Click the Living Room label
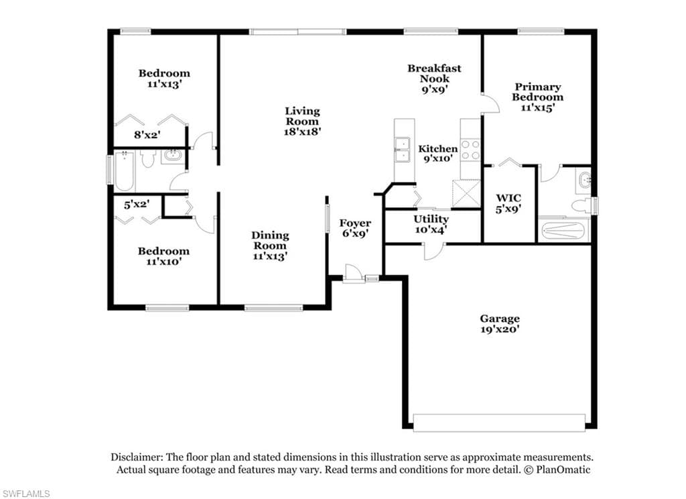[302, 116]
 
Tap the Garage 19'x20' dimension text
[500, 329]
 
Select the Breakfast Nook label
[434, 73]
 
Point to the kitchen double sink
[402, 150]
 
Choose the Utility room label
[431, 219]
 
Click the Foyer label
[355, 223]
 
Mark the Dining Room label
[270, 241]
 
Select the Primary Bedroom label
[538, 92]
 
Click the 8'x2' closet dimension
[147, 135]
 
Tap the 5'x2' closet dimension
[137, 204]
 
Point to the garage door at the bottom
[499, 423]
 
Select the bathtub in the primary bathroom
[563, 230]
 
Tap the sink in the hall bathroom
[174, 156]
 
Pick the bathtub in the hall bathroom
[124, 171]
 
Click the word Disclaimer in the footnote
[137, 457]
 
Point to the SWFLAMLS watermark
[25, 494]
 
